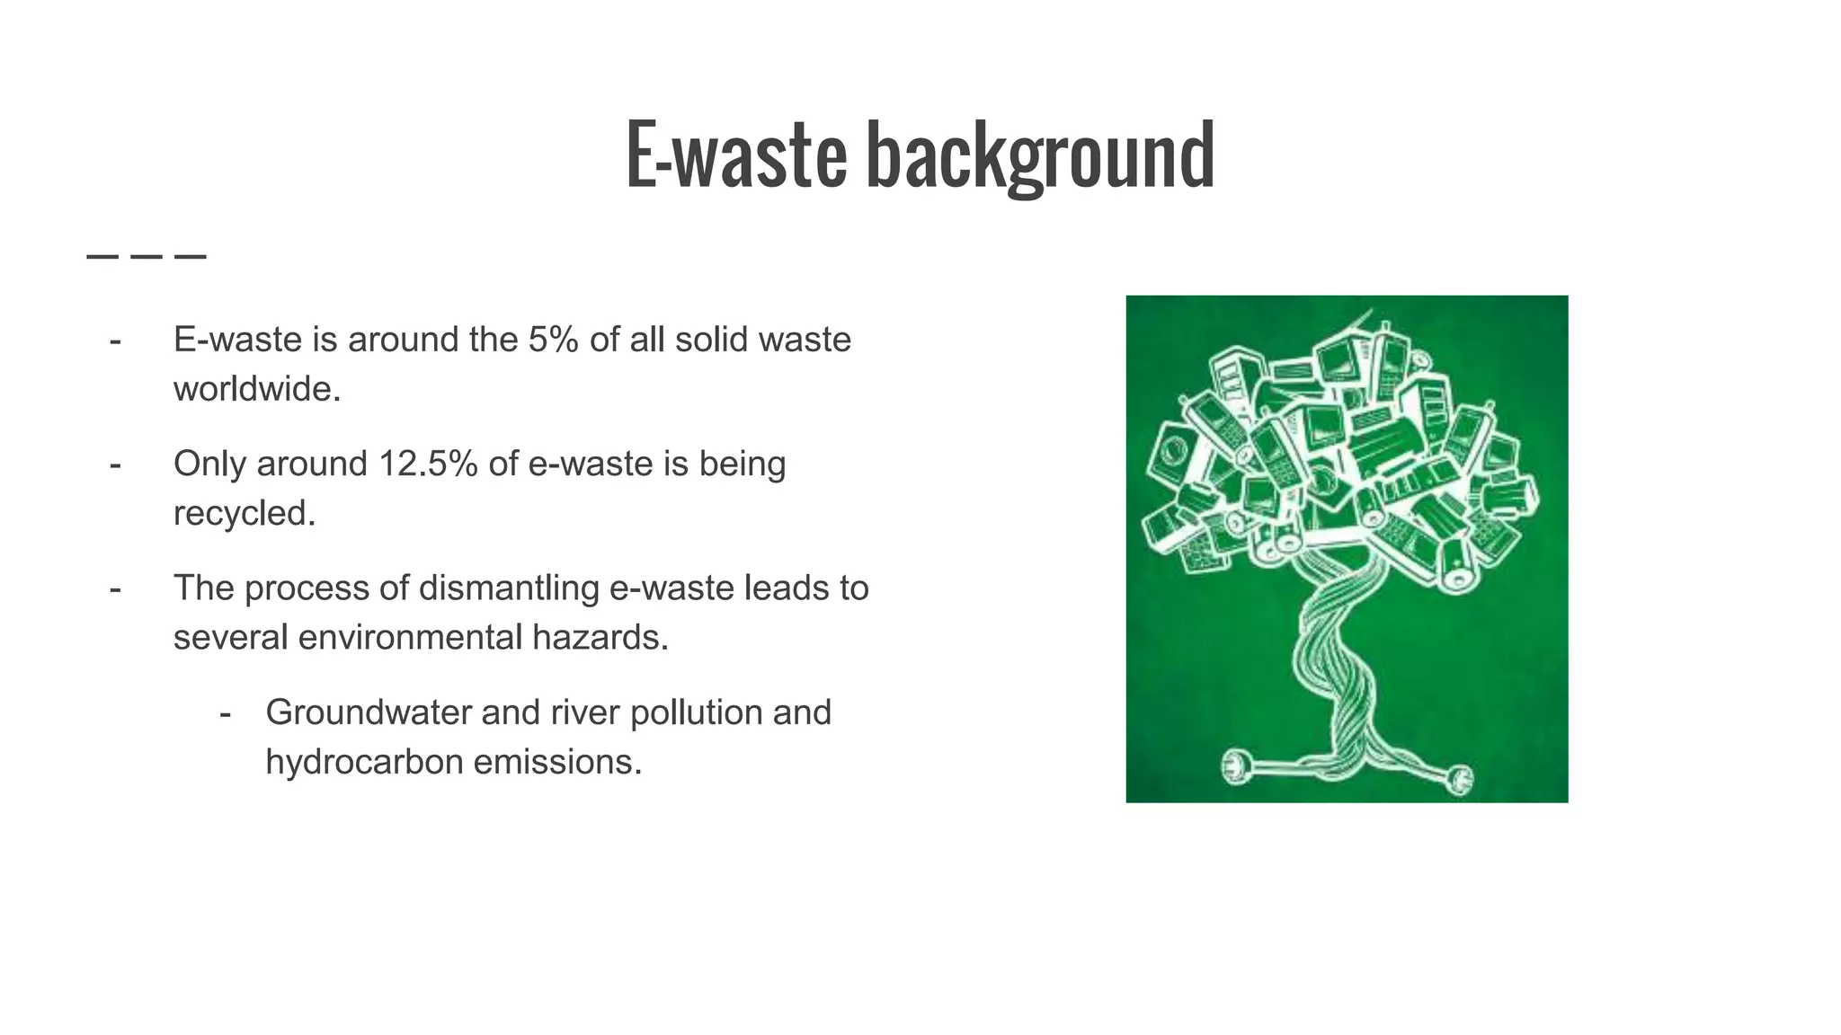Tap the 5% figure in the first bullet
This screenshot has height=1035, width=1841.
point(553,340)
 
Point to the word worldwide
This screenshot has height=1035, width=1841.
point(257,389)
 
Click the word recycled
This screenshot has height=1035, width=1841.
point(245,513)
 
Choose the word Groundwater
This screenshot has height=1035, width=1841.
point(368,712)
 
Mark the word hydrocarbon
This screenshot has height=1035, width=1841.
point(364,762)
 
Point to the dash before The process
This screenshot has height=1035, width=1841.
point(115,589)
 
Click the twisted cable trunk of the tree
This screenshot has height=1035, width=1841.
point(1339,665)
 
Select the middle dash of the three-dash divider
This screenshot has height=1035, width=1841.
point(147,257)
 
